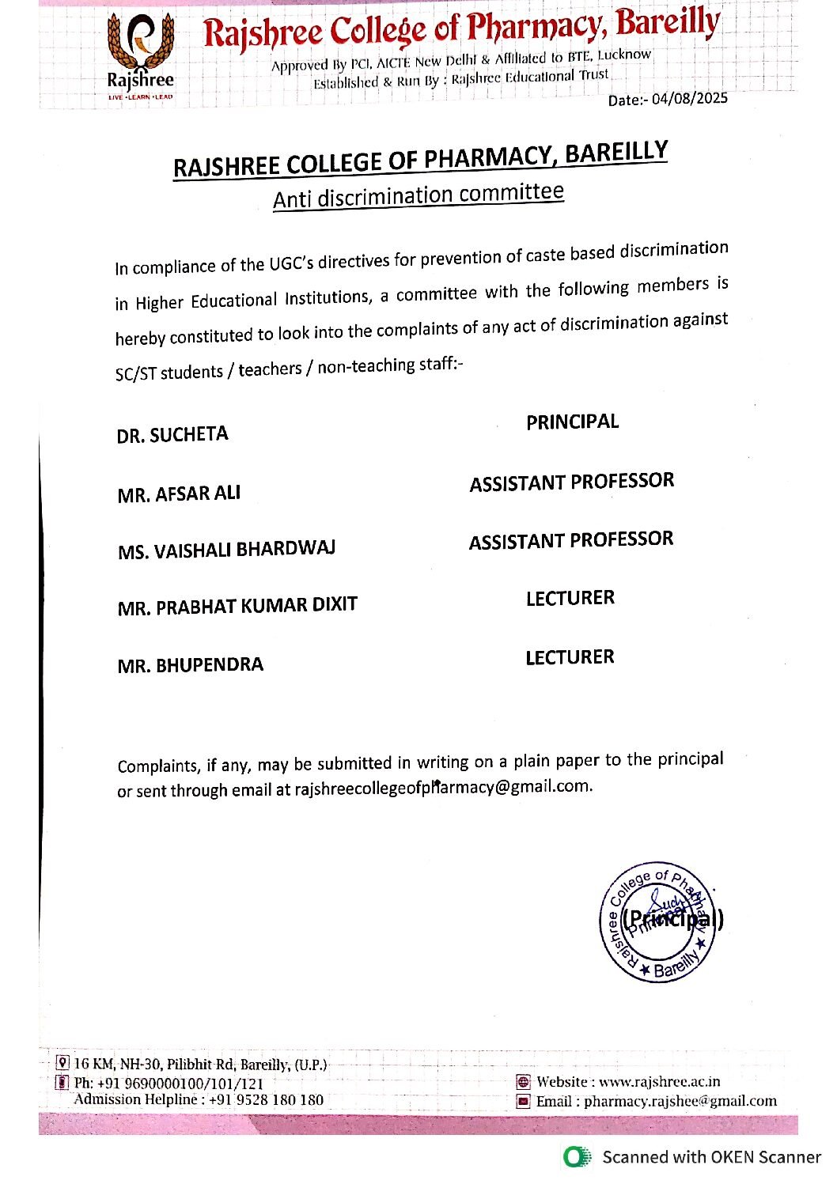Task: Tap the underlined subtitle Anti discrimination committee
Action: (418, 195)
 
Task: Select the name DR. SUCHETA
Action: (172, 435)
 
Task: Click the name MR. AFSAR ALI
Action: (179, 494)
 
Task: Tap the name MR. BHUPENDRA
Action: (191, 665)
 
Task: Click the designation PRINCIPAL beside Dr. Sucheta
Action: (572, 422)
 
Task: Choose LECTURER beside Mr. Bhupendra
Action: (570, 657)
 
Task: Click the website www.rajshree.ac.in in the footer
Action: (659, 1081)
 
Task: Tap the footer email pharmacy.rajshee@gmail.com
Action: (680, 1101)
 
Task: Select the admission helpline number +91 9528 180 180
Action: (266, 1099)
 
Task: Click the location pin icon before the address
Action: (62, 1064)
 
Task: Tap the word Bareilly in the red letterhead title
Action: (667, 24)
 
